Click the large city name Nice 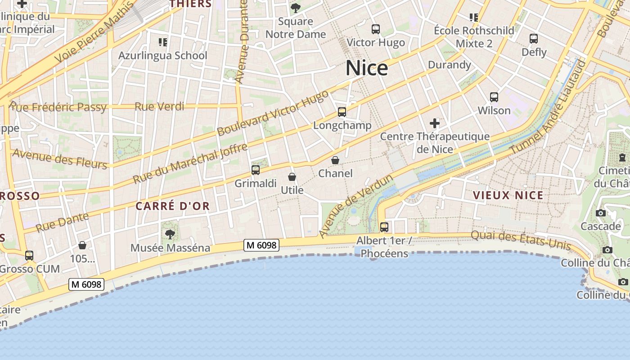tap(367, 68)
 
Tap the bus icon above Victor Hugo tap(376, 29)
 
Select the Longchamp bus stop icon tap(342, 112)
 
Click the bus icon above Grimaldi tap(256, 170)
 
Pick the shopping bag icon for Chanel tap(335, 160)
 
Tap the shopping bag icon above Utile tap(292, 177)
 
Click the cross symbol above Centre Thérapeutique tap(435, 123)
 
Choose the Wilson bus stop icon tap(494, 97)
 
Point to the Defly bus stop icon tap(534, 39)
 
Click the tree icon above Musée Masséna tap(170, 234)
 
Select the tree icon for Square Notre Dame tap(296, 8)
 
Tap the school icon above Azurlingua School tap(163, 42)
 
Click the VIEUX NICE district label tap(508, 195)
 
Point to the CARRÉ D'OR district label tap(173, 206)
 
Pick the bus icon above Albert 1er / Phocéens tap(384, 227)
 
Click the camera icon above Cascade tap(600, 213)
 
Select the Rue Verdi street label tap(160, 107)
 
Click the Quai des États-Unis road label tap(521, 241)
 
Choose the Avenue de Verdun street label tap(356, 207)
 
